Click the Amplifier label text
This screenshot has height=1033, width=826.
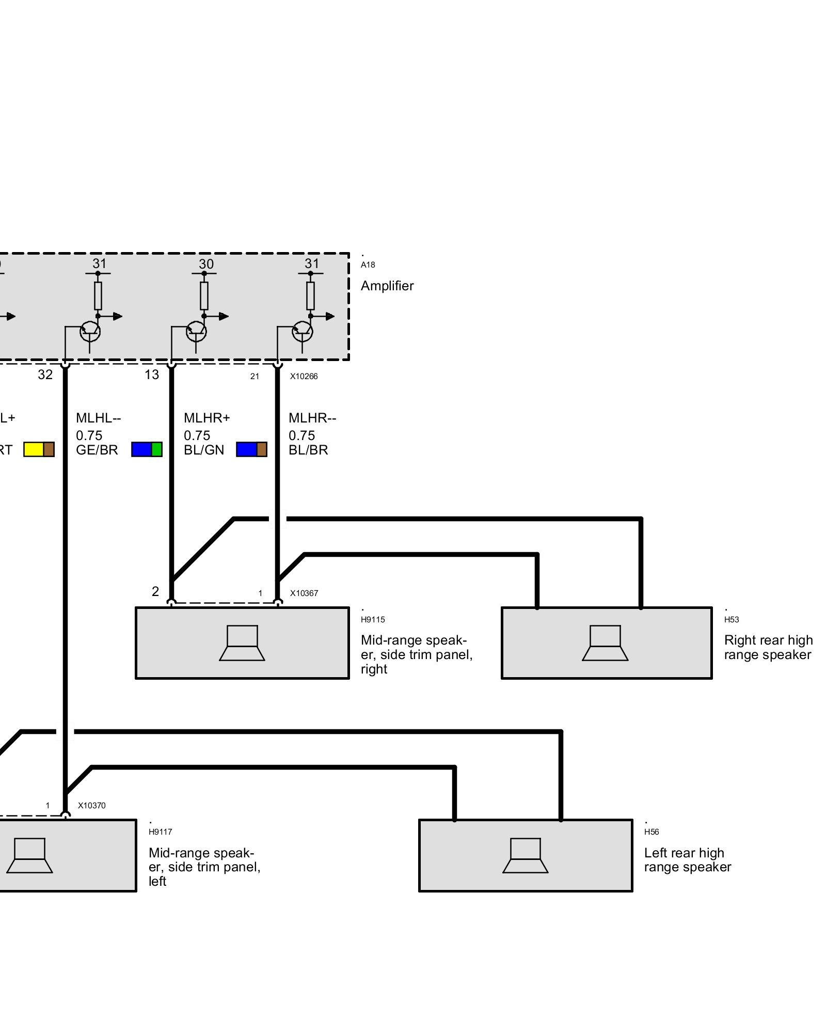(x=387, y=286)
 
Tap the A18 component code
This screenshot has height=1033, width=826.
(x=368, y=265)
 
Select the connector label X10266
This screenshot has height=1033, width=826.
(x=304, y=377)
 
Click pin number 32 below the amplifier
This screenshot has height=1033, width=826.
(x=45, y=375)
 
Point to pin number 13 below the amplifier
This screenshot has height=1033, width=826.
(x=152, y=375)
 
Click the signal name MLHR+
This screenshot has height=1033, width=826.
(x=206, y=417)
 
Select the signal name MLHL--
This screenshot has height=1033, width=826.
(x=98, y=417)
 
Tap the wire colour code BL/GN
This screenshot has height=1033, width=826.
(x=204, y=450)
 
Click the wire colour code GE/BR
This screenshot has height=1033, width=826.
(x=97, y=450)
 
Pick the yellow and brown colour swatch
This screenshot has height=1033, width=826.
(x=39, y=449)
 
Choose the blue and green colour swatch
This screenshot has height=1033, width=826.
(x=147, y=449)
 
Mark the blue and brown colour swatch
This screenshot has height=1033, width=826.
(x=251, y=449)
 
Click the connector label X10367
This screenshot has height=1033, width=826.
(x=304, y=593)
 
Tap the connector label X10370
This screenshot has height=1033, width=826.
(x=92, y=805)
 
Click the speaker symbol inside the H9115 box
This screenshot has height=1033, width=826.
(x=242, y=643)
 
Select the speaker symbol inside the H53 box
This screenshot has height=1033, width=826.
(x=605, y=643)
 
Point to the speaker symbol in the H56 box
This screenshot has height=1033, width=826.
(x=526, y=855)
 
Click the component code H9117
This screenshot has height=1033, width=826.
(x=160, y=832)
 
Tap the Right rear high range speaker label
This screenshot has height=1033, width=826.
(x=768, y=648)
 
